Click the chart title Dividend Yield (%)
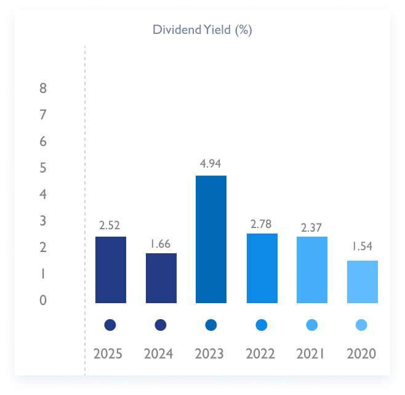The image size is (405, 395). tap(202, 30)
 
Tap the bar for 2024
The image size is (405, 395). tap(161, 278)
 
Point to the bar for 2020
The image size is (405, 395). tap(362, 282)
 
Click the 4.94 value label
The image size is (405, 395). tap(211, 163)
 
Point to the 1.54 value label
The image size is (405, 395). tap(362, 247)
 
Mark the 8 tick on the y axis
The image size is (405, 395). tap(43, 88)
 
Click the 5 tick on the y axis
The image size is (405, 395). tap(43, 168)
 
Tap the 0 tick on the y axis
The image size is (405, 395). tap(43, 300)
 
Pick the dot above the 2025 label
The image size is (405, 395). tap(111, 325)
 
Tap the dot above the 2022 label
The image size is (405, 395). tap(262, 325)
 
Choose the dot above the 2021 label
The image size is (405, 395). tap(311, 325)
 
